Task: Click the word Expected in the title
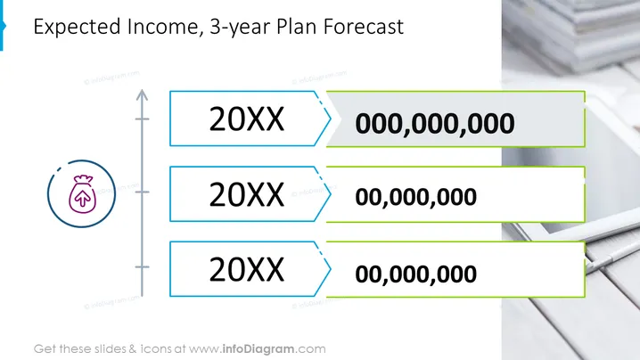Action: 78,27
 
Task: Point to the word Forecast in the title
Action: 364,27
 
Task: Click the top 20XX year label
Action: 247,119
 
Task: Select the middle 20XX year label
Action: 247,194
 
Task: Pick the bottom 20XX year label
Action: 247,269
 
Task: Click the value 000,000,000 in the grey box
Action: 435,123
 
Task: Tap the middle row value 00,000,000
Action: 415,197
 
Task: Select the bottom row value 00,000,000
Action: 415,274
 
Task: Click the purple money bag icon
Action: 82,194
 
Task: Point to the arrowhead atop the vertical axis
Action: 142,94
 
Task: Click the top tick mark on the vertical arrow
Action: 142,119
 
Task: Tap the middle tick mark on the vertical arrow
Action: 142,192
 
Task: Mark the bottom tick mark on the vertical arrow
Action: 142,267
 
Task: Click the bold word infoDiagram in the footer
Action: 258,349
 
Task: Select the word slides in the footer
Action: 111,349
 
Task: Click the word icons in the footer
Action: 156,349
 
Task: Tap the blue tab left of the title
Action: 2,25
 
